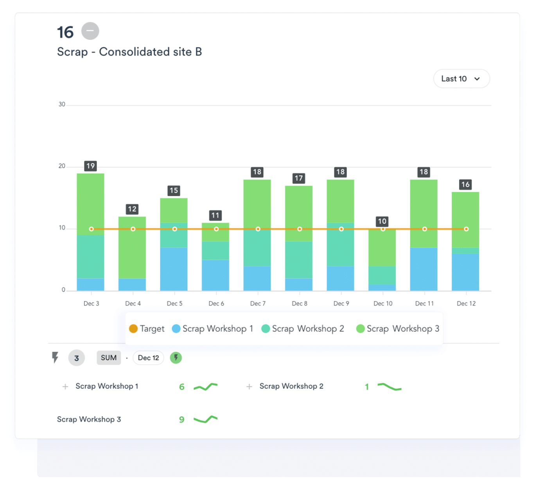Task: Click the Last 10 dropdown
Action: click(x=461, y=79)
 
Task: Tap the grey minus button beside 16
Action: click(x=90, y=31)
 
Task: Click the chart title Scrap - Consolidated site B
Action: click(x=129, y=52)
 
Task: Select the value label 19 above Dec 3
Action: click(x=90, y=166)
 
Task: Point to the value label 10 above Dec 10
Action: click(x=382, y=221)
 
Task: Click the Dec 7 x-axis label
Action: click(x=258, y=304)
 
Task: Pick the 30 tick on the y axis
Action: click(x=62, y=104)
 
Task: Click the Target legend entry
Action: click(x=147, y=329)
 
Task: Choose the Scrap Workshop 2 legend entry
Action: click(x=303, y=329)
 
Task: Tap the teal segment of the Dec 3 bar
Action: click(x=90, y=256)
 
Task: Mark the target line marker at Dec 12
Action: click(x=466, y=229)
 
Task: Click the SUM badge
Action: click(x=109, y=358)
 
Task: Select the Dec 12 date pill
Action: click(x=148, y=358)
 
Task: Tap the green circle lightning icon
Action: click(x=176, y=358)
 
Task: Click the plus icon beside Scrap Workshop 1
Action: click(x=65, y=386)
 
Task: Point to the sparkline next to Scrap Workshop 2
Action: click(x=389, y=387)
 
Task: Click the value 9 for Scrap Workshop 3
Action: click(x=181, y=420)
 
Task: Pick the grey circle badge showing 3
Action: click(x=77, y=358)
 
